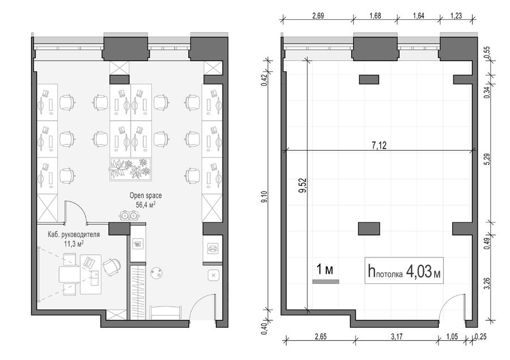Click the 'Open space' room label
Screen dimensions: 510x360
pos(146,196)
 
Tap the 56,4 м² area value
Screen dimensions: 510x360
pos(146,205)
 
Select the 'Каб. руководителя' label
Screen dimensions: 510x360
pos(74,234)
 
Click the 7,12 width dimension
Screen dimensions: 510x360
pos(379,145)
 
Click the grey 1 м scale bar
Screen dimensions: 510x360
pos(326,282)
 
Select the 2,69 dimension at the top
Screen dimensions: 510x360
pos(318,16)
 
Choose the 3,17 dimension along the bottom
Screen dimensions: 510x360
pos(397,337)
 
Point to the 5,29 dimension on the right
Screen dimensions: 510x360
pos(487,159)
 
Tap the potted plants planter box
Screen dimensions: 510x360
pos(130,170)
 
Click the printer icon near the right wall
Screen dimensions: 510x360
pos(212,249)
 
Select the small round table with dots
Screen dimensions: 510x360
pos(157,273)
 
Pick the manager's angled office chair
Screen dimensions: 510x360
pos(111,266)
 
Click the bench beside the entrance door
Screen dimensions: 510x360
pos(165,312)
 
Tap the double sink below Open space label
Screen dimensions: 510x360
pos(129,215)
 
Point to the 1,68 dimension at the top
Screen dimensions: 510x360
pos(375,16)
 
